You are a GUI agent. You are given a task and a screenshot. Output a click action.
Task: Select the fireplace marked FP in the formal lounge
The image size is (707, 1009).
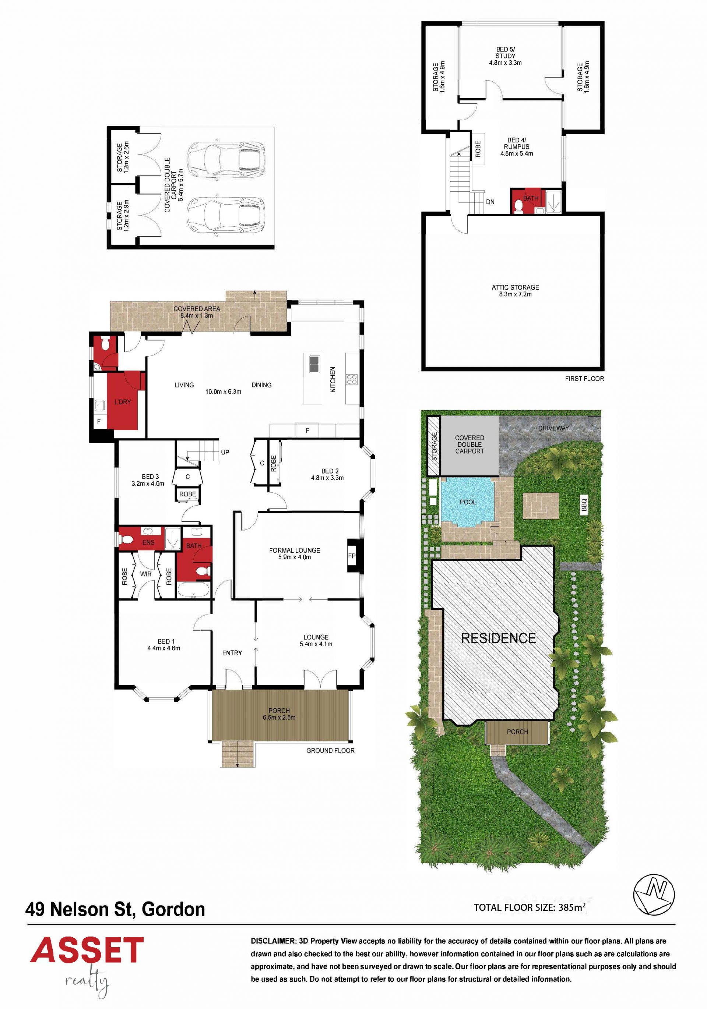pyautogui.click(x=352, y=556)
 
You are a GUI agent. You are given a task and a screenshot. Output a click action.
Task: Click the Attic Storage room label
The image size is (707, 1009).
pyautogui.click(x=515, y=290)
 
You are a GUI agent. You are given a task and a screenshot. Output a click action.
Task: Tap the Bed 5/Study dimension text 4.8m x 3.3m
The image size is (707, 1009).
pyautogui.click(x=505, y=63)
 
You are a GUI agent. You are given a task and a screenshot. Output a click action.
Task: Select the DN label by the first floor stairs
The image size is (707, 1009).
pyautogui.click(x=490, y=202)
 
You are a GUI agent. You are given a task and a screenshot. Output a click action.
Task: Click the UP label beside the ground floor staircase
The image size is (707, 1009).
pyautogui.click(x=225, y=452)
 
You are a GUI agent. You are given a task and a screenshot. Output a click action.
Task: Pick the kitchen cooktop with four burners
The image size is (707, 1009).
pyautogui.click(x=352, y=379)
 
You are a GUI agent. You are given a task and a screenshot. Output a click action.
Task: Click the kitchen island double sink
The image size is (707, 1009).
pyautogui.click(x=314, y=364)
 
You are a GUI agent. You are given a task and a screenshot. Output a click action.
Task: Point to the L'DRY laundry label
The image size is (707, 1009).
pyautogui.click(x=122, y=402)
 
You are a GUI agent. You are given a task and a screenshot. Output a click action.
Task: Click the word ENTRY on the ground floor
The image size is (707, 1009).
pyautogui.click(x=232, y=653)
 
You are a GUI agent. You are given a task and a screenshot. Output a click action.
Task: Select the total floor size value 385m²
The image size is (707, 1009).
pyautogui.click(x=571, y=907)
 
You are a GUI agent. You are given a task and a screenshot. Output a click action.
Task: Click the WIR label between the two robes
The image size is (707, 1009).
pyautogui.click(x=145, y=574)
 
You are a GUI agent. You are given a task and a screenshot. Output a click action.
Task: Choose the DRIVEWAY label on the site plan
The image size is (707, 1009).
pyautogui.click(x=553, y=428)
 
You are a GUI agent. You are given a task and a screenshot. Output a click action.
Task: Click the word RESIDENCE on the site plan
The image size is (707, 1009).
pyautogui.click(x=498, y=638)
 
